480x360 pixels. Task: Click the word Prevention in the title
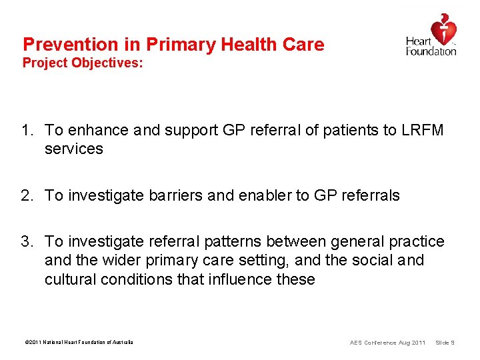click(60, 45)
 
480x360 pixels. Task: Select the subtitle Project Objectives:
click(83, 64)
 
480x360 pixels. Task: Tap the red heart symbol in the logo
click(443, 29)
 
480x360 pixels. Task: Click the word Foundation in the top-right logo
click(431, 51)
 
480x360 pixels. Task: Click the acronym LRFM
click(422, 131)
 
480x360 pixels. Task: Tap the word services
click(74, 149)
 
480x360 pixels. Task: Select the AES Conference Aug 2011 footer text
click(387, 343)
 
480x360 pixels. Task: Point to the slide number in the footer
click(445, 343)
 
